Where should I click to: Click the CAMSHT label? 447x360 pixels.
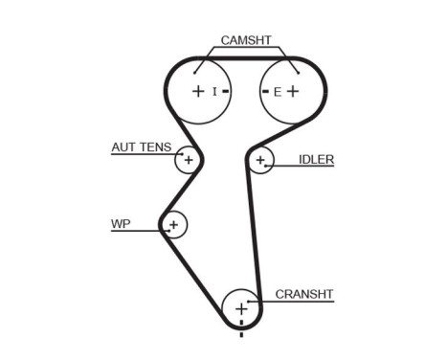click(x=246, y=40)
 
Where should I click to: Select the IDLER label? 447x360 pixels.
click(x=316, y=159)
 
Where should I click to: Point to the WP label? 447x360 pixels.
click(x=121, y=224)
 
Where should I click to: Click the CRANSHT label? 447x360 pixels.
click(x=303, y=294)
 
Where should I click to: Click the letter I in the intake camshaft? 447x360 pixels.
click(x=215, y=92)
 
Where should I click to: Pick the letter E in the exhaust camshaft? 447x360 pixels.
click(x=277, y=92)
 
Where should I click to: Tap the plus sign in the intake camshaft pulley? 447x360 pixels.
click(x=197, y=92)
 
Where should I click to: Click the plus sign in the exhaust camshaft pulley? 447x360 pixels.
click(x=293, y=92)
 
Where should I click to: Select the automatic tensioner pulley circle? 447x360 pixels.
click(x=188, y=160)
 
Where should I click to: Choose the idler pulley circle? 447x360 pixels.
click(x=259, y=160)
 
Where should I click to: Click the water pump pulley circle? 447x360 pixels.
click(x=173, y=226)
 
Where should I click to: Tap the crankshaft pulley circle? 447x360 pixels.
click(x=241, y=309)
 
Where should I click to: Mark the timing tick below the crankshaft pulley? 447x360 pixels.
click(x=241, y=334)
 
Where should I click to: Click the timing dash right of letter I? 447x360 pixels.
click(x=226, y=92)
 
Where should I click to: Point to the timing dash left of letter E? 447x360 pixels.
click(x=265, y=92)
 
